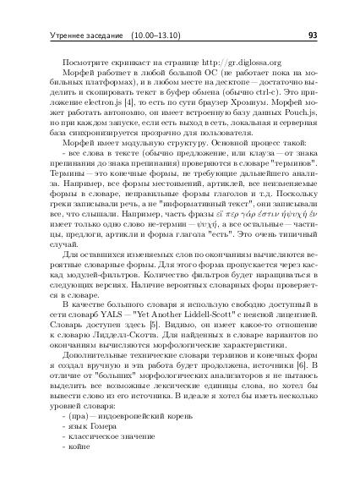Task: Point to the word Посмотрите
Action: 85,63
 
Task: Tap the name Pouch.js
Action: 292,116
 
